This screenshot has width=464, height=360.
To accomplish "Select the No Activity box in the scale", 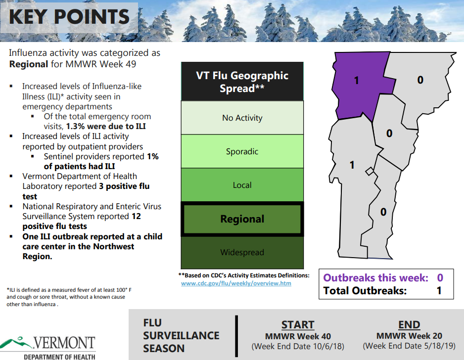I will coord(242,118).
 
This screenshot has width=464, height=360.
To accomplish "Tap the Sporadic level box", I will coord(242,151).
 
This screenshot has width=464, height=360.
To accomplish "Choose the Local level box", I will coord(242,185).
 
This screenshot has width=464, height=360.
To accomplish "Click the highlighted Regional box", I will coord(242,219).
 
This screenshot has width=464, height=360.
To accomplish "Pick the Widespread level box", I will coord(242,252).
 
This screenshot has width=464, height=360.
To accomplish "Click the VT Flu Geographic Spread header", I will coord(242,82).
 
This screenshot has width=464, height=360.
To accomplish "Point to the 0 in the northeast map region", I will coord(420,80).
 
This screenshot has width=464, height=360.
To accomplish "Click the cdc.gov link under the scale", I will coord(236,283).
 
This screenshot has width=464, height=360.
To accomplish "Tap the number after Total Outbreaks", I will coord(439,291).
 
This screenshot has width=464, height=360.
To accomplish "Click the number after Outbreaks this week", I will coord(440,277).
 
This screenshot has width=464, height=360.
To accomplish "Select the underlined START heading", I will coord(298,325).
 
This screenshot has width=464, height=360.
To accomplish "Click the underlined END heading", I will coord(409,325).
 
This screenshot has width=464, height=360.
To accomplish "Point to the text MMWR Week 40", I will coord(298,336).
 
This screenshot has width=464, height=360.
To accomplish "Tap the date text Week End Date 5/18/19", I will coord(409,346).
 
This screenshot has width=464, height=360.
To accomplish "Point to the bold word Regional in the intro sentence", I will coord(29,64).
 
